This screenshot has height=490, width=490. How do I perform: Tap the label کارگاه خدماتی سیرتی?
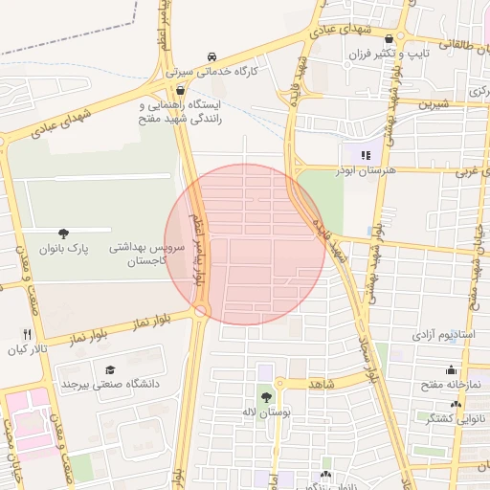[x=207, y=71]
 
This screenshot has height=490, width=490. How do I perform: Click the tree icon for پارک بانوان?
[x=63, y=233]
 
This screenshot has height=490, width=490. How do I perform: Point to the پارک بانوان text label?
[x=63, y=248]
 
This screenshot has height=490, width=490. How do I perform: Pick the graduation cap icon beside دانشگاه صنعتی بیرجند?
[x=110, y=369]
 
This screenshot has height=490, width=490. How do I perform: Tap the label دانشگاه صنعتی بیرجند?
[x=108, y=385]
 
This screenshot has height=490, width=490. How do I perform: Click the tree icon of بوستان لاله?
[x=265, y=395]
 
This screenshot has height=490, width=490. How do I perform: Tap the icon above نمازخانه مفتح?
[x=450, y=370]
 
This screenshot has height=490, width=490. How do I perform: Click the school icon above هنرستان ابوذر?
[x=365, y=154]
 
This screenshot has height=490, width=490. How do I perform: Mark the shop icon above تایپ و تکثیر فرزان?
[x=389, y=39]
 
